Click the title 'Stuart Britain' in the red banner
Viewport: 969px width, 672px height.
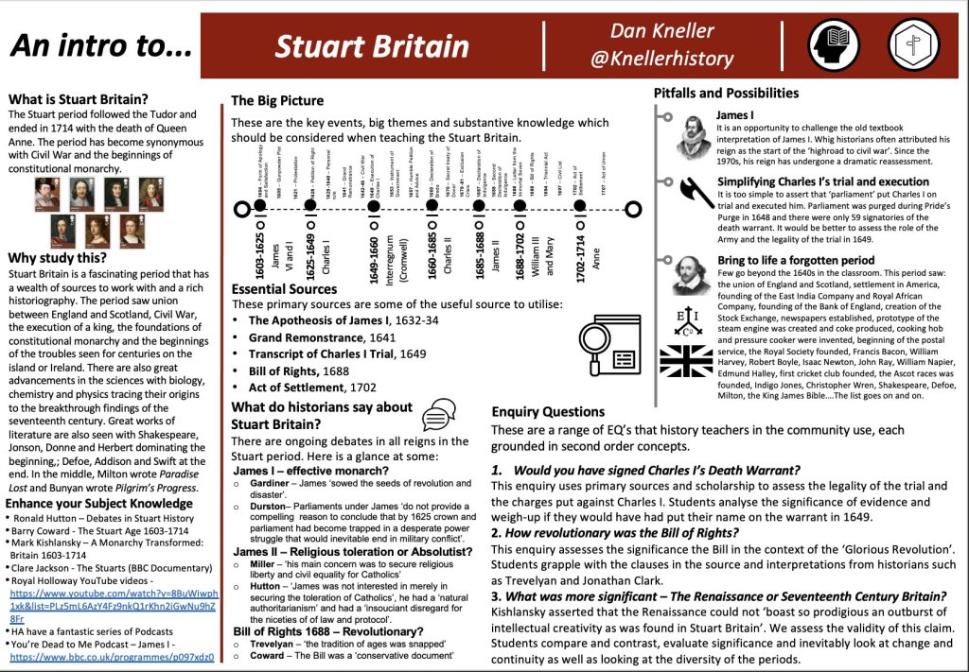pyautogui.click(x=372, y=46)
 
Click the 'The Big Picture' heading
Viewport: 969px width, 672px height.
pyautogui.click(x=277, y=100)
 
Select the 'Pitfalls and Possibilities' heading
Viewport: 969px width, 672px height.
pyautogui.click(x=726, y=93)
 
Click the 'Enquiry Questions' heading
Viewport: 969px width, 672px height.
pyautogui.click(x=548, y=412)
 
